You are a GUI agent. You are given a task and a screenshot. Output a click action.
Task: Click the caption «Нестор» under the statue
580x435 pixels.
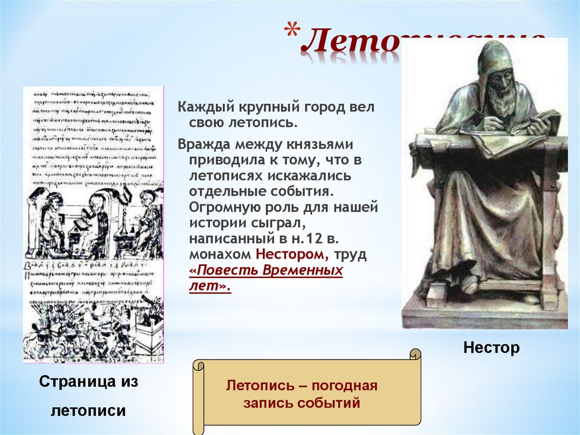pos(491,348)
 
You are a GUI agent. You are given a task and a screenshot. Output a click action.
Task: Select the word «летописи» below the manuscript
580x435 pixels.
pos(88,410)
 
